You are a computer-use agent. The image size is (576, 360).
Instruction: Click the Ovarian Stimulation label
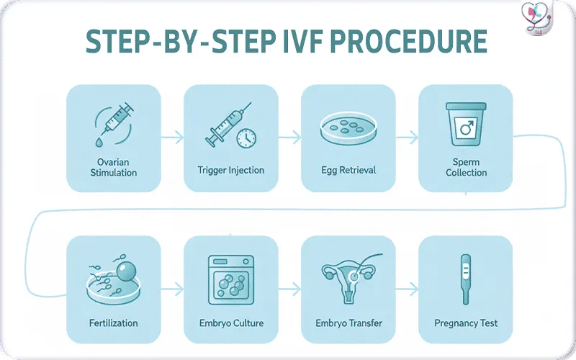114,167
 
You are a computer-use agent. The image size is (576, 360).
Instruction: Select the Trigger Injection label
231,171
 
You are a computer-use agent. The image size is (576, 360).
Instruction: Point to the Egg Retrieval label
348,171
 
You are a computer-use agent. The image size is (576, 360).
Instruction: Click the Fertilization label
113,323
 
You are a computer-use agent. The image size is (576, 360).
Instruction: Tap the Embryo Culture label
231,323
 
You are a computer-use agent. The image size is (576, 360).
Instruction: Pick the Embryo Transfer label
348,323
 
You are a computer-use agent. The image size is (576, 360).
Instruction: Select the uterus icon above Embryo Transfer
348,278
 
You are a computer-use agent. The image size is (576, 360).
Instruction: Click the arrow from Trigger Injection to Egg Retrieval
289,135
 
